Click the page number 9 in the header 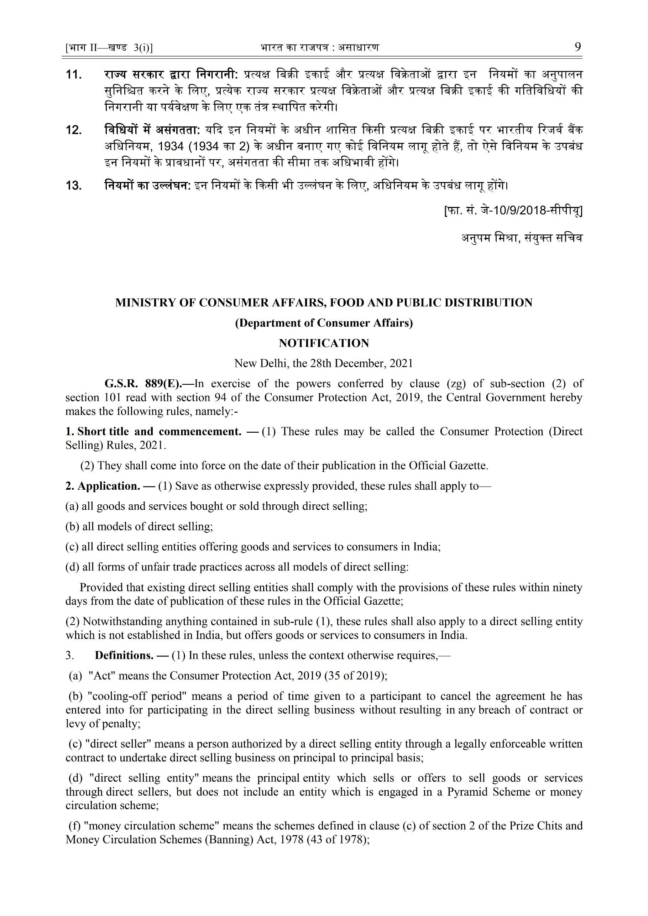point(578,47)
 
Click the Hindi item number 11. point(74,75)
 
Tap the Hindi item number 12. point(74,130)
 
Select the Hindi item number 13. point(74,186)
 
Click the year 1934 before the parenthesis point(171,147)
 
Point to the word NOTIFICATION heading point(324,343)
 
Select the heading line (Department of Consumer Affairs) point(324,323)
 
